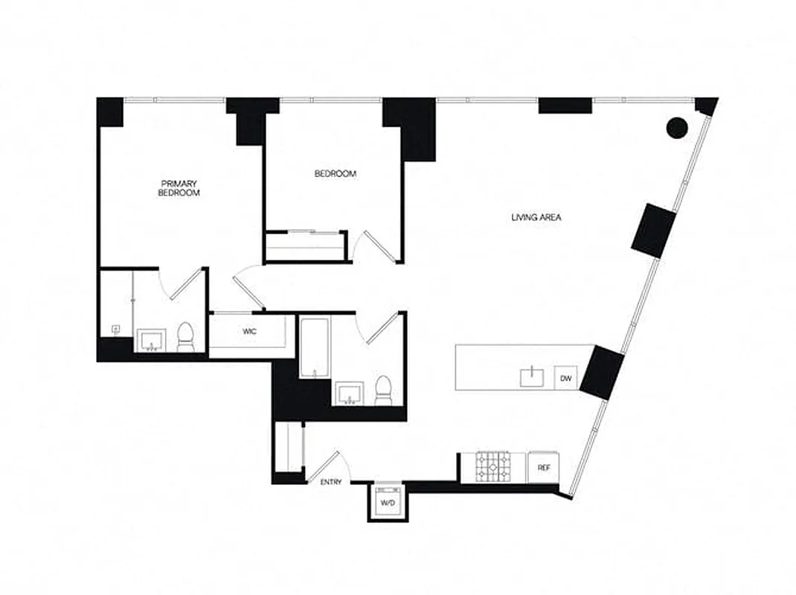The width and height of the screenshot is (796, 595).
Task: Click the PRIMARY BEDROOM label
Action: coord(179,187)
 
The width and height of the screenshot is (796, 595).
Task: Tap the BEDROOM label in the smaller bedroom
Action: coord(335,174)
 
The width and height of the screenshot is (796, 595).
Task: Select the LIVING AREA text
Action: coord(536,218)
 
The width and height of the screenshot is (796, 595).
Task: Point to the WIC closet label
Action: coord(249,332)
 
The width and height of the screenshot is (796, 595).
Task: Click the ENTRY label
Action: coord(331,482)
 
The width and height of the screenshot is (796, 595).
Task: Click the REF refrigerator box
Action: coord(543,468)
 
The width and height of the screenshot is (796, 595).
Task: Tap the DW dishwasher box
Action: coord(566,379)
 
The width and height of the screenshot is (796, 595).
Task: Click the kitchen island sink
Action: coord(532,378)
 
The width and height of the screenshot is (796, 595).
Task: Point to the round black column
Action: coord(676,128)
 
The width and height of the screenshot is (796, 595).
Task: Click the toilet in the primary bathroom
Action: coord(185,338)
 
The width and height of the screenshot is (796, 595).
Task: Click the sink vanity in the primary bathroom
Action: coord(153,342)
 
